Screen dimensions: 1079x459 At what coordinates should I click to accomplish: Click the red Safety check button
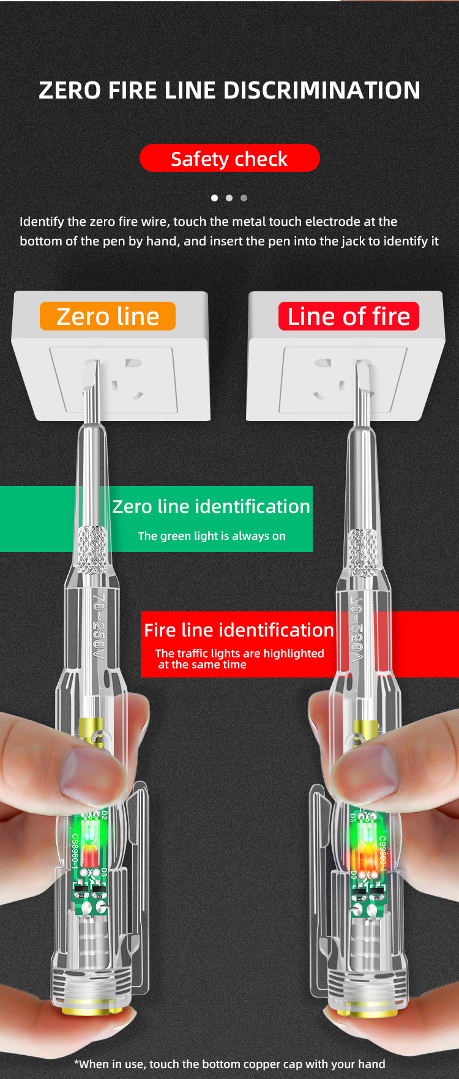coord(229,159)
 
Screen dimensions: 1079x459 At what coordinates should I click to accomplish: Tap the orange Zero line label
coord(108,316)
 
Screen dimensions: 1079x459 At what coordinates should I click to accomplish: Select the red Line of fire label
coord(348,316)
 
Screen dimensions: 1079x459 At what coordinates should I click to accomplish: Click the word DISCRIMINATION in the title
coord(321,91)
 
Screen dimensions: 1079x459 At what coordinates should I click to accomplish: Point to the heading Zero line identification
coord(211,506)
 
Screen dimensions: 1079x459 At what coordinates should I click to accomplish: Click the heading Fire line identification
coord(239,630)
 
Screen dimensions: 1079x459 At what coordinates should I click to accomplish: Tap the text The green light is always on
coord(212,536)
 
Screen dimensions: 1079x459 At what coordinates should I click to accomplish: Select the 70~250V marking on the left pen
coord(99,624)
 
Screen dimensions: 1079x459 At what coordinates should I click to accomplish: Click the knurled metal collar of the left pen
coord(92,550)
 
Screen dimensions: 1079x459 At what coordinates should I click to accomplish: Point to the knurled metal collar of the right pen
coord(362,553)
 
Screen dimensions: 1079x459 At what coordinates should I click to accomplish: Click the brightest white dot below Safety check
coord(214,198)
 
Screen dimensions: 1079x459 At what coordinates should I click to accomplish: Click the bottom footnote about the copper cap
coord(229,1064)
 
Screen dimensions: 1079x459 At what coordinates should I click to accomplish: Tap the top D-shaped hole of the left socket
coord(133,363)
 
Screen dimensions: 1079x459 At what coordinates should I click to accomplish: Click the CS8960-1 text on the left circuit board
coord(75,851)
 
